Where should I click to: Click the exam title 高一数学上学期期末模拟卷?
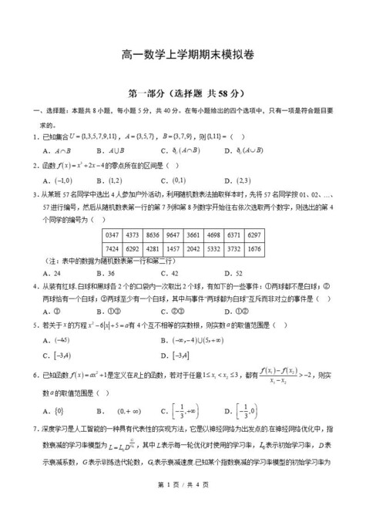click(x=183, y=55)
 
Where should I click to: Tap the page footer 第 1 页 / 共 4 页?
click(x=183, y=505)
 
